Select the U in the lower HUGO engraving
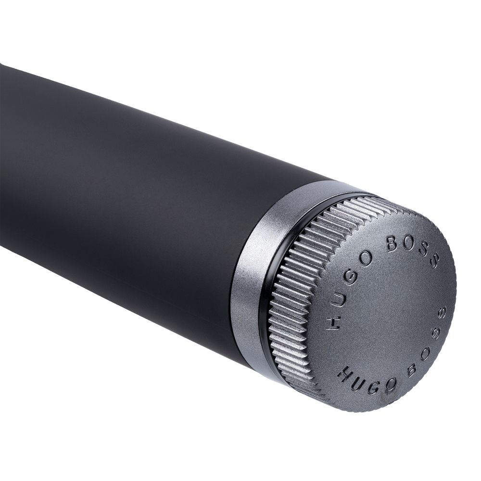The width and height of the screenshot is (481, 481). click(x=360, y=384)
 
